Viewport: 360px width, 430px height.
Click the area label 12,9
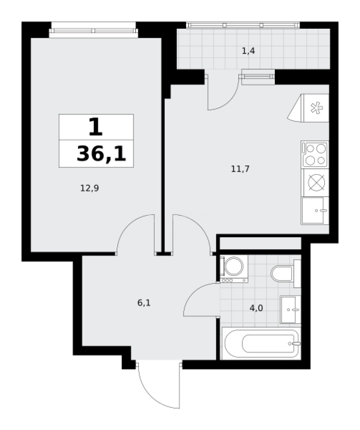(x=90, y=188)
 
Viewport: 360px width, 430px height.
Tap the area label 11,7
(x=240, y=169)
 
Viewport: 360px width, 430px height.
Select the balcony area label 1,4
(x=248, y=51)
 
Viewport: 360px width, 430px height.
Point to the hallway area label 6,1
(x=144, y=303)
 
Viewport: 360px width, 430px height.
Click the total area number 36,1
(x=101, y=154)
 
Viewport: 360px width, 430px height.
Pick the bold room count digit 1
(x=95, y=127)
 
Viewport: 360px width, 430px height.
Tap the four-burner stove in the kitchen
(x=315, y=154)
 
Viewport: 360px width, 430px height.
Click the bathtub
(x=261, y=343)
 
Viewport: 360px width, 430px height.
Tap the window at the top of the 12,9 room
(x=94, y=30)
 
